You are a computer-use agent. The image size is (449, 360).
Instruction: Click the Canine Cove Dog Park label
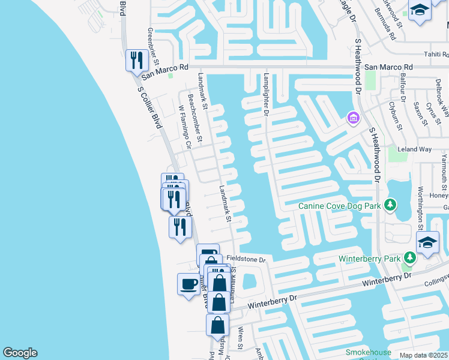pos(340,206)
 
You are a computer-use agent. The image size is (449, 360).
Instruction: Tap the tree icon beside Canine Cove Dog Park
pos(390,206)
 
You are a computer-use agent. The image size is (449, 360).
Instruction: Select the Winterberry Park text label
pos(369,259)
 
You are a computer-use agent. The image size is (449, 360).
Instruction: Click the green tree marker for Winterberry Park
pos(410,258)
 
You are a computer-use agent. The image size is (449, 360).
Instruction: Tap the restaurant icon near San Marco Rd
pos(137,60)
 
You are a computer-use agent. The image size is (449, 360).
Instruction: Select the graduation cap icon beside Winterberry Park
pos(428,243)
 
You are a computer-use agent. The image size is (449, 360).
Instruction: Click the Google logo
pos(20,353)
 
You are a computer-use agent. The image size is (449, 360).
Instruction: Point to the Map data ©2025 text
pos(424,355)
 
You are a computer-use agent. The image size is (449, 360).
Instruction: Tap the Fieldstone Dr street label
pos(250,259)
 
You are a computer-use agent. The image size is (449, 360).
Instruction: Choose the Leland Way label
pos(415,149)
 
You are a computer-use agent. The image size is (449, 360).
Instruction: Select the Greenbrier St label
pos(154,46)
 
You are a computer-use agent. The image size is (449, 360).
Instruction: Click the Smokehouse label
pos(368,352)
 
